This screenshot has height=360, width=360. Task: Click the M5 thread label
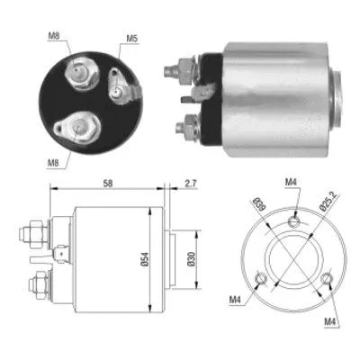(132, 38)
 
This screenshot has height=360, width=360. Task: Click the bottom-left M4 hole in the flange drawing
(260, 279)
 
